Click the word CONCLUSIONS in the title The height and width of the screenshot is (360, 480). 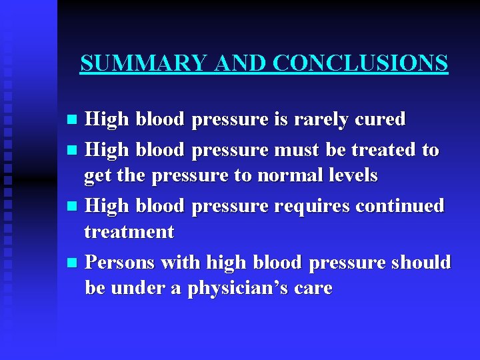coord(360,63)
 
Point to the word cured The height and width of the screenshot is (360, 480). coord(381,119)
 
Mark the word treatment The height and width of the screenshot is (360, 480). coord(129,232)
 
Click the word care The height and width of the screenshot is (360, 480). coord(313,289)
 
